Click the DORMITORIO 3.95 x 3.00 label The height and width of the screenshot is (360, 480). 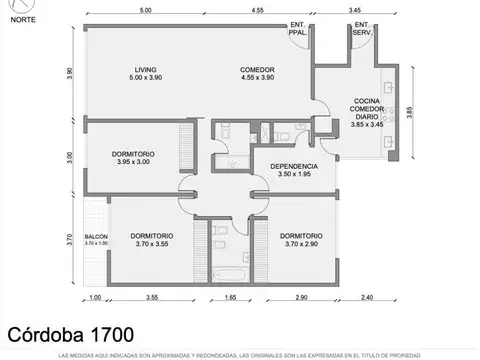pyautogui.click(x=132, y=157)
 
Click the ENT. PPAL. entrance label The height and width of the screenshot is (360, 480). pyautogui.click(x=298, y=28)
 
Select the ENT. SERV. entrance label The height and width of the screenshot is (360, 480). pyautogui.click(x=362, y=28)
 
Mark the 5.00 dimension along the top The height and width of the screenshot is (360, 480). pyautogui.click(x=146, y=10)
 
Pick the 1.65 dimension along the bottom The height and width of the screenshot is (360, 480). pyautogui.click(x=229, y=297)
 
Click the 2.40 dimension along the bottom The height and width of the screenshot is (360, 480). pyautogui.click(x=366, y=297)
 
